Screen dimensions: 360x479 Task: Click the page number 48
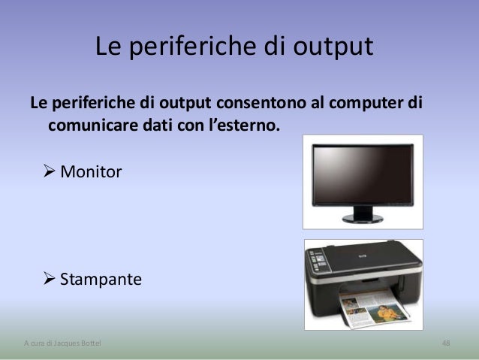coord(446,343)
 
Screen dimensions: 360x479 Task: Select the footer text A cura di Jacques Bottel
coord(59,343)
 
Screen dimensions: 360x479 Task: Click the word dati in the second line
coord(155,123)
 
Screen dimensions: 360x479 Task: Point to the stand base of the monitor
coord(363,219)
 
